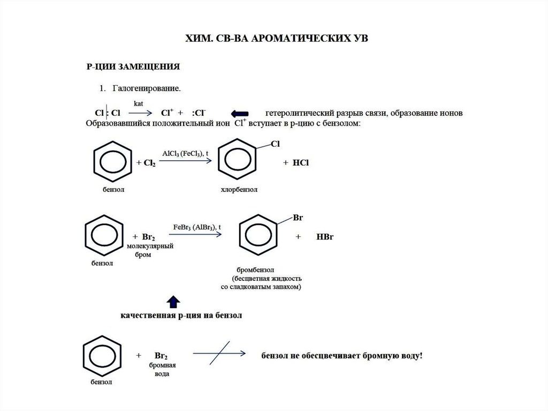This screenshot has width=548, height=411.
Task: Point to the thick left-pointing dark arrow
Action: coord(239,114)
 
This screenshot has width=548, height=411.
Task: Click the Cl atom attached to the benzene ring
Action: coord(276,144)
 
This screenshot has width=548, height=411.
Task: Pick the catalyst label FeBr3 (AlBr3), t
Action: coord(197,227)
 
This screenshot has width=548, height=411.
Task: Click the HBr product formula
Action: coord(324,236)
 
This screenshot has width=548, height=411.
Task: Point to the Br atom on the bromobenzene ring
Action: coord(298,219)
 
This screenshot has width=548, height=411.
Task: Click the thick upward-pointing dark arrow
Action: coord(173,302)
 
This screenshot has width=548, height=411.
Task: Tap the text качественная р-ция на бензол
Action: coord(180,316)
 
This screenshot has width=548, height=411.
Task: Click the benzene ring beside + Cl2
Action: coord(112,162)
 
